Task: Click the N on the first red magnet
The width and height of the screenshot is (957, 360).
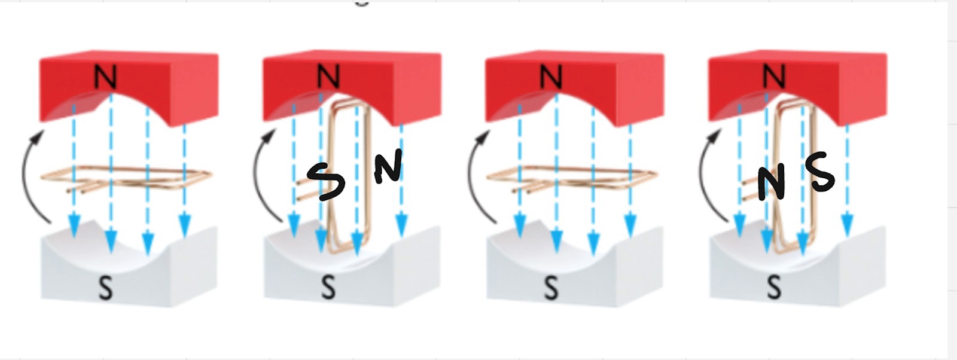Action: click(105, 77)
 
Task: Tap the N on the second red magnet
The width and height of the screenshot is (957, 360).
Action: click(328, 77)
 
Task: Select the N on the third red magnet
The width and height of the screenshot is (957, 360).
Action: click(550, 77)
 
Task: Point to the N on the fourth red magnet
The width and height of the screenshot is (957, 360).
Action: click(773, 77)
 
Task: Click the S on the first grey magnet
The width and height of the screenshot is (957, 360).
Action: click(105, 288)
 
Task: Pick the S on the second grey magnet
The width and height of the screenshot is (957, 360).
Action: click(328, 288)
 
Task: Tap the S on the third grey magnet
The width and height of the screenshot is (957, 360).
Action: click(550, 288)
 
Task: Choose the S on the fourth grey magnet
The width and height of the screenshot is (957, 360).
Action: click(773, 288)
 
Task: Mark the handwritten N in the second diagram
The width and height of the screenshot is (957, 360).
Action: click(388, 166)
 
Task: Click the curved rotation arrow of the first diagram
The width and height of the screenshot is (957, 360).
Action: click(25, 173)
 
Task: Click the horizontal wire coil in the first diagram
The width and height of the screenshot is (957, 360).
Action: click(150, 174)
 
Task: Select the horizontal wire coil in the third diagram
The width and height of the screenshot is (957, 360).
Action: click(598, 174)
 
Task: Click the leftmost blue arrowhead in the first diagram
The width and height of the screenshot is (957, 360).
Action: click(74, 226)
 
